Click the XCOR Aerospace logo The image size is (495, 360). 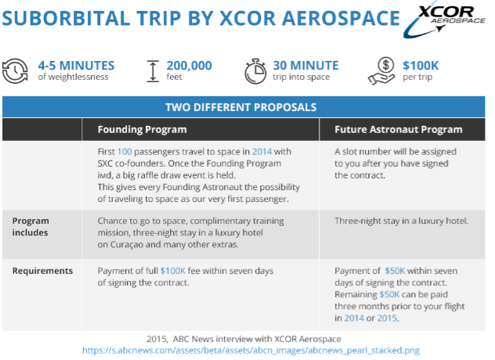(444, 21)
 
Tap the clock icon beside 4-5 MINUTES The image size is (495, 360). (15, 71)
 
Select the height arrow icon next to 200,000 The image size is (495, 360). (153, 71)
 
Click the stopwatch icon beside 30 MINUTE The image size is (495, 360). (255, 71)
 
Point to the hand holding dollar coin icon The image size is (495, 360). (381, 71)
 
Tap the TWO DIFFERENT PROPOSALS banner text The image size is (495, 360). (241, 107)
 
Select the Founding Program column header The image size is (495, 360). (142, 129)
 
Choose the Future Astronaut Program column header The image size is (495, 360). (399, 129)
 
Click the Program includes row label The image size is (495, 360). (31, 226)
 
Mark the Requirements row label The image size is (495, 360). (42, 271)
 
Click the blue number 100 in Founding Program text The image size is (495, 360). (125, 152)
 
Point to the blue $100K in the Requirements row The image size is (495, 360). (173, 271)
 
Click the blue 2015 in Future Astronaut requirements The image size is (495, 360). (387, 318)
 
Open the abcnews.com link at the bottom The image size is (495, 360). (251, 351)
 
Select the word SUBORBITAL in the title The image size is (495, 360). (67, 18)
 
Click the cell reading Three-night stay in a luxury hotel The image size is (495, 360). (401, 221)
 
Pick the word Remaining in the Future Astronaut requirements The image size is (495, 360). (356, 295)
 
